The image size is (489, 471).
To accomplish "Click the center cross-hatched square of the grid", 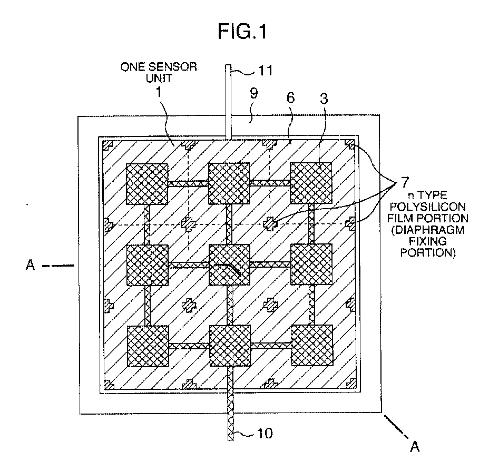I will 230,264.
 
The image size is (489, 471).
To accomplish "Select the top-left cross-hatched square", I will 146,183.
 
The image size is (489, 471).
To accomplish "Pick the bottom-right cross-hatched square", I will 312,345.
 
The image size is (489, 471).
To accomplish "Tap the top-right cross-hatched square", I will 311,183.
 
